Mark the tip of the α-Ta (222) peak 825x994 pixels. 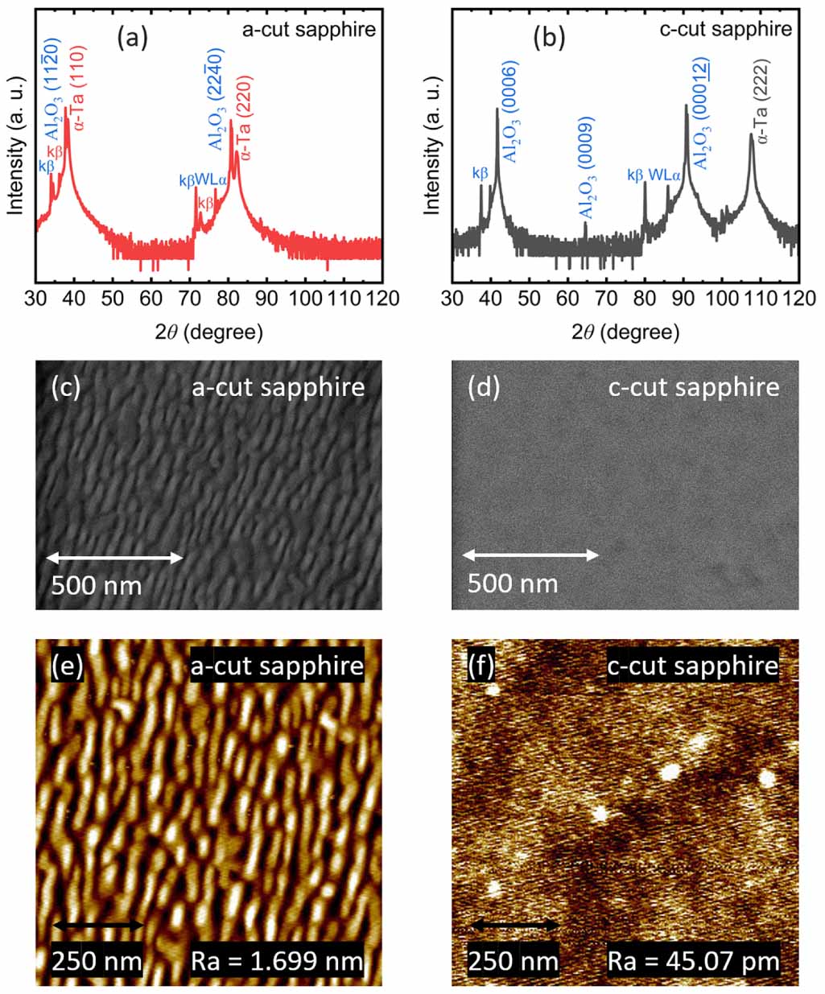(752, 135)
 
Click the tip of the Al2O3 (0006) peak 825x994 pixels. (497, 109)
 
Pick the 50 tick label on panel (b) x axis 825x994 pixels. (529, 298)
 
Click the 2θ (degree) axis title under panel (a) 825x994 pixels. (208, 331)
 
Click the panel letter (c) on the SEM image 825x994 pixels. (65, 387)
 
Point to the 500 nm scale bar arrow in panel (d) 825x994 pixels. (530, 555)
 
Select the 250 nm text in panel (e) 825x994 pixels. (97, 960)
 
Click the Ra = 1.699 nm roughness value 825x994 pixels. (276, 960)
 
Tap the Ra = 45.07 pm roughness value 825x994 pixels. (693, 960)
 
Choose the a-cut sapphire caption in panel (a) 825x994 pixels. (309, 30)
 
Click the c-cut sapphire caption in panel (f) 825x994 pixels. (693, 666)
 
